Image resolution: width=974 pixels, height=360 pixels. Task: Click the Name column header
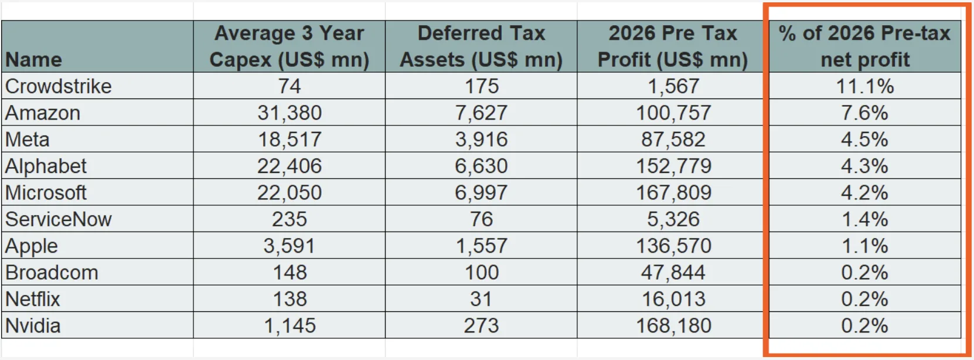point(34,59)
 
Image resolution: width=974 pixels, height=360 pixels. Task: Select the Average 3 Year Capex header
point(289,46)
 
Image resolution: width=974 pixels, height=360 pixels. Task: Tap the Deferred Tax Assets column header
point(481,46)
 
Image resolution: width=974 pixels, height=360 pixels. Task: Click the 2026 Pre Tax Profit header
point(672,46)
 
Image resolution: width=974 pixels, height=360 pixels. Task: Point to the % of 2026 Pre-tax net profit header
point(864,46)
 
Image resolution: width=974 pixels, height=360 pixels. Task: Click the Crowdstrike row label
point(59,86)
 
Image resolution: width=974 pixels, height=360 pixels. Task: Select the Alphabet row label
point(46,166)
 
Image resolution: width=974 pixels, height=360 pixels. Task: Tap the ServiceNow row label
point(59,219)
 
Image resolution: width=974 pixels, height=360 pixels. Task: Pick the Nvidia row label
point(33,325)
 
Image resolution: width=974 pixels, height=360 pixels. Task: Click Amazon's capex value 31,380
point(290,113)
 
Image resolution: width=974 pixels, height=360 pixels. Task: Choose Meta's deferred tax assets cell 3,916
point(481,140)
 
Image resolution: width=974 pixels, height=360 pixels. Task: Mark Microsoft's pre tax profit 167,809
point(673,192)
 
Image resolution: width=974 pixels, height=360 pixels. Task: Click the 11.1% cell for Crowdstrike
point(864,86)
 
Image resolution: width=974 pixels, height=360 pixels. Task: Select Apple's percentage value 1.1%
point(864,246)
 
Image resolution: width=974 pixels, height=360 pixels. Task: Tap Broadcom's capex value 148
point(290,273)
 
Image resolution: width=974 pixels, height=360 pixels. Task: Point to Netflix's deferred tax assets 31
point(481,299)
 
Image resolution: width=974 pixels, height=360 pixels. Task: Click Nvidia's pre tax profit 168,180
point(673,325)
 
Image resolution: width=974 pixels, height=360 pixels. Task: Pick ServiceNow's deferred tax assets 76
point(481,219)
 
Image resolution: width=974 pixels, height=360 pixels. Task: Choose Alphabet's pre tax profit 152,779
point(673,166)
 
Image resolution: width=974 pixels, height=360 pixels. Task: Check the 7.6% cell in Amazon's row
point(864,113)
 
